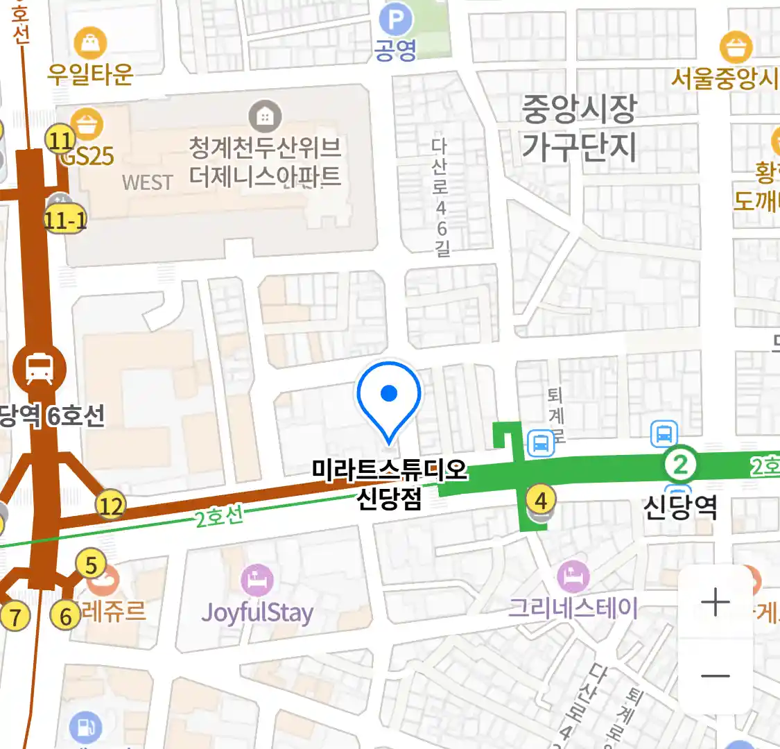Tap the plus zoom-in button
coord(715,601)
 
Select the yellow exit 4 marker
coord(541,499)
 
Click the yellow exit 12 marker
coord(111,506)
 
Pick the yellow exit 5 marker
coord(91,565)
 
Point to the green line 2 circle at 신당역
coord(680,464)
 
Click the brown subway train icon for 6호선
coord(40,368)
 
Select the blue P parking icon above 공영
coord(396,19)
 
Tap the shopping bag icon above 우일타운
coord(90,43)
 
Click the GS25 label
coord(87,156)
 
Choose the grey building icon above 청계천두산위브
coord(265,116)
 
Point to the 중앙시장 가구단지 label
coord(579,127)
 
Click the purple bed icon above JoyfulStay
coord(257,580)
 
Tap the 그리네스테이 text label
coord(573,608)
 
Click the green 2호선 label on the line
coord(219,517)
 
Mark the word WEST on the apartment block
coord(147,182)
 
